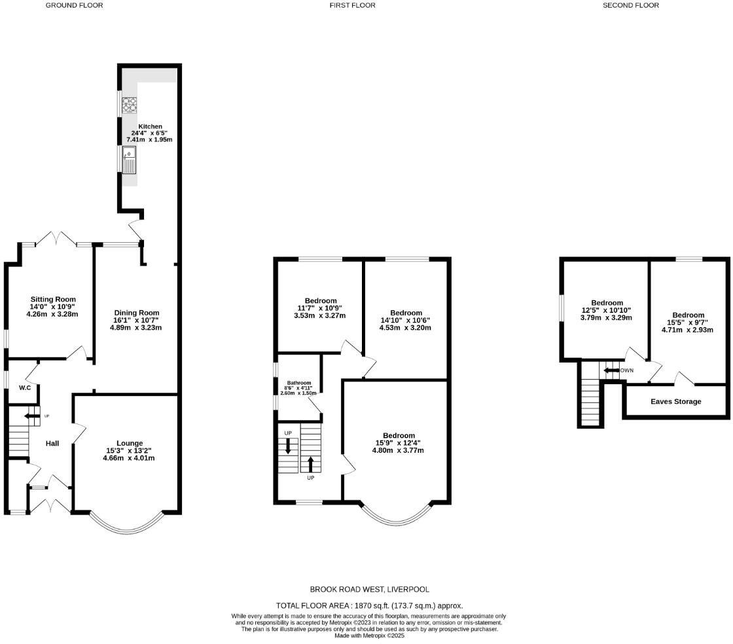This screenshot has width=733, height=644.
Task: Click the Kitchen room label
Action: coord(151,126)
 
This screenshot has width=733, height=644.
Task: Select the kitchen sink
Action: coord(130,160)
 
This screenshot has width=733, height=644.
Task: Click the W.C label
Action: coord(26,388)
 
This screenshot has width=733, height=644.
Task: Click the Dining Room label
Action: coord(137,313)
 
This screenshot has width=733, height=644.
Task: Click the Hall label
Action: coord(52,444)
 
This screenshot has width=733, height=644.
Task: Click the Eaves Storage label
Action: coord(676,402)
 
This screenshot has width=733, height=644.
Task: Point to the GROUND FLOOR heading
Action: coord(74,5)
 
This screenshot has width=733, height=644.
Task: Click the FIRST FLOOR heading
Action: coord(353,5)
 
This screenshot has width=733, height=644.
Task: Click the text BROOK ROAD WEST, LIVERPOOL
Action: coord(370,590)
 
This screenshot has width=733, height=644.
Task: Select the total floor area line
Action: coord(370,606)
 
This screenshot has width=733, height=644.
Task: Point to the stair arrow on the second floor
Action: coord(612,370)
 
